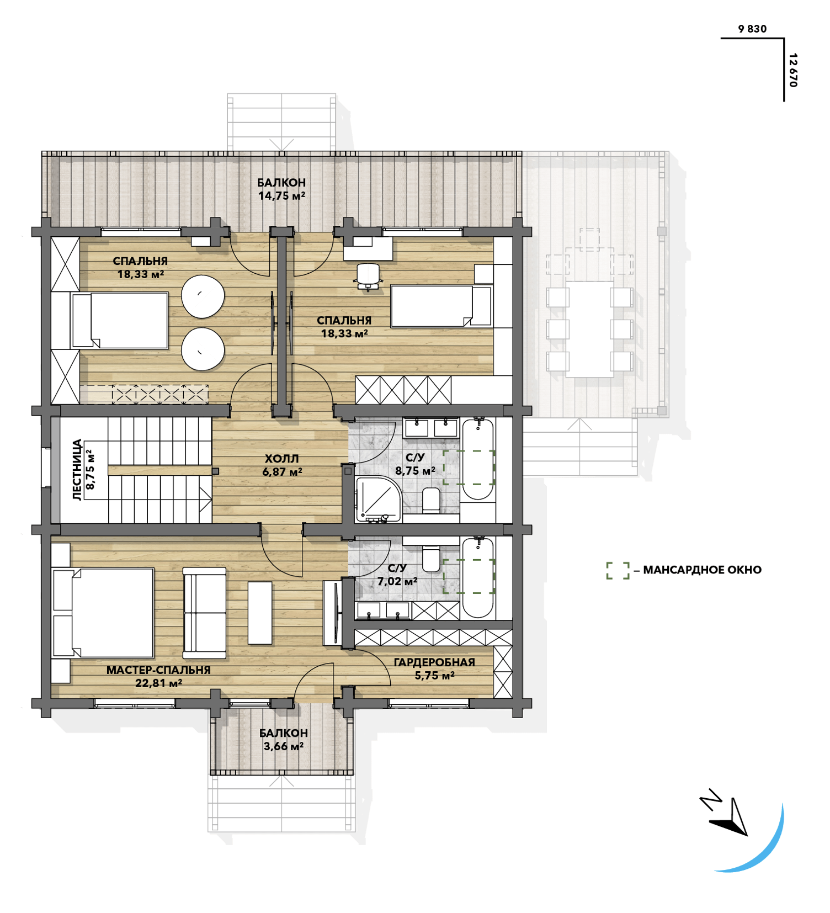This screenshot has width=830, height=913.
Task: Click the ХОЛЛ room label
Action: [x=281, y=459]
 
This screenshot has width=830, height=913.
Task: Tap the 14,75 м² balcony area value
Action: [x=281, y=195]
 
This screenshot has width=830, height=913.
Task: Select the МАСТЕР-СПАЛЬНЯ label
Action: [x=158, y=670]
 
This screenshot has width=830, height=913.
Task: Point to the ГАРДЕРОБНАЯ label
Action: [x=434, y=662]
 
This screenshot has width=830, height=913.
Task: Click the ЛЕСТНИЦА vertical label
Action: [x=77, y=470]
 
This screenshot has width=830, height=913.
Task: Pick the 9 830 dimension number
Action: [x=752, y=29]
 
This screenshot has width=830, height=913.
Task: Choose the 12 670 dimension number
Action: [x=793, y=70]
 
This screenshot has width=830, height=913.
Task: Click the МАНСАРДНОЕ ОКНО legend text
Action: [x=702, y=570]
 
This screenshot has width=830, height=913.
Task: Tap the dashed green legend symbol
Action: [x=618, y=571]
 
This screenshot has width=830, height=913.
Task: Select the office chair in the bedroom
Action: [x=368, y=276]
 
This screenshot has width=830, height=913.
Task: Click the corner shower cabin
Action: [x=379, y=499]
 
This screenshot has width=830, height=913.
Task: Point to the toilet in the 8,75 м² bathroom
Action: [x=431, y=500]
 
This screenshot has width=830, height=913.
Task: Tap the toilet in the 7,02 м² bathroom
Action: [x=431, y=559]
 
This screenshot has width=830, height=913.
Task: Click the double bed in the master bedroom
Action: [x=103, y=613]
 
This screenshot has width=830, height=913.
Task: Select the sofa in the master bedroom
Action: [x=205, y=613]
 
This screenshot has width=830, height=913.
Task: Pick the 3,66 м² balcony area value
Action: [x=283, y=746]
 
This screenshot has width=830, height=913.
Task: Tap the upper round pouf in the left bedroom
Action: [x=203, y=296]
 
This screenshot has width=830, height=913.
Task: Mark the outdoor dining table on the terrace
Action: [x=589, y=330]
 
